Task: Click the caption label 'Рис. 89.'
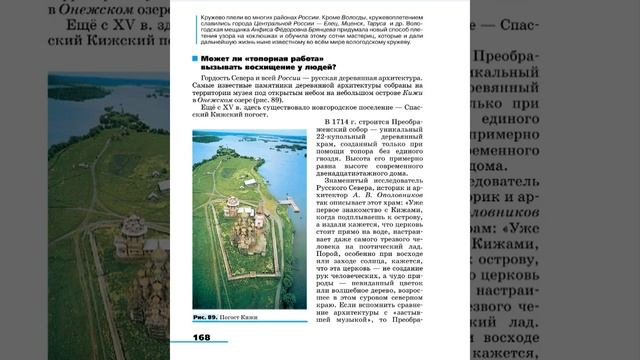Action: click(206, 317)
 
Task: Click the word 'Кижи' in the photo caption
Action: click(267, 317)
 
